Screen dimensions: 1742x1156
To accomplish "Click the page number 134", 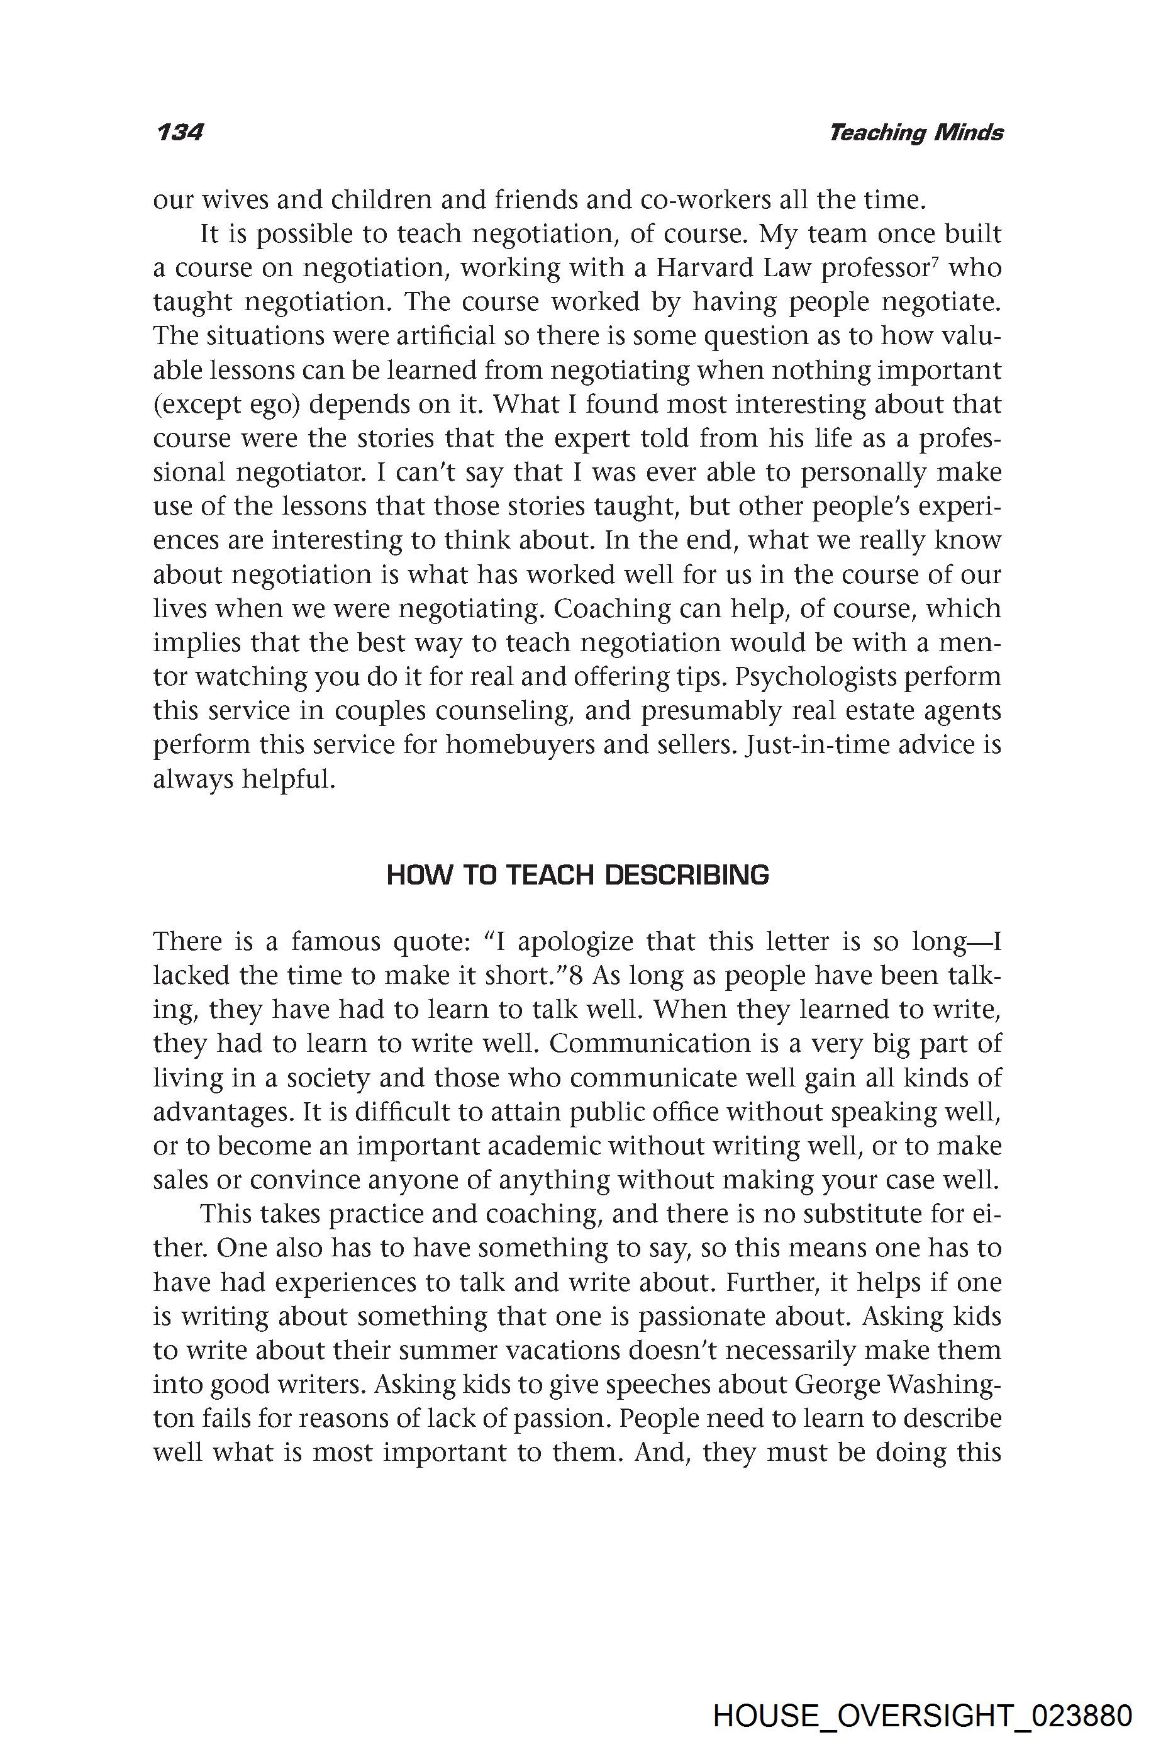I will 179,133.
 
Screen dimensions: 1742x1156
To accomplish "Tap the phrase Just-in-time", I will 820,745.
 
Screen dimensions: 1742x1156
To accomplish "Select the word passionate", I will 744,1317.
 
